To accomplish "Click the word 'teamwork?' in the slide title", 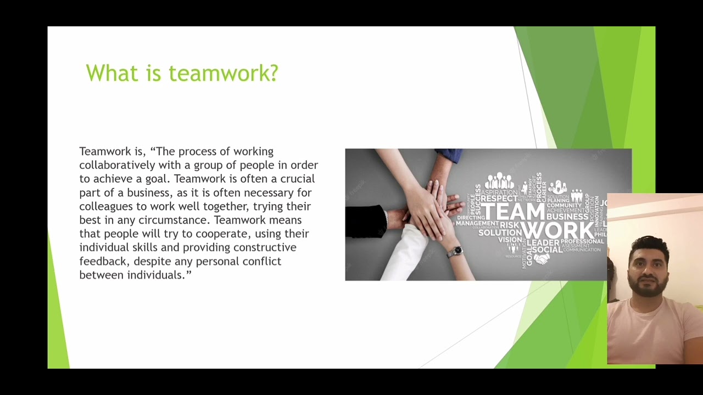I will click(223, 73).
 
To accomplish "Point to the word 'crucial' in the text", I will click(297, 178).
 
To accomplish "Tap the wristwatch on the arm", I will click(454, 252).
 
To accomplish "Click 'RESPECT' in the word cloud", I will click(499, 199).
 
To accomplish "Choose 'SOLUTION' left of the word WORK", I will click(499, 233).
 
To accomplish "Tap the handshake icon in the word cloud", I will click(542, 258).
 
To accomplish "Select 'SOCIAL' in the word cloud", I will click(547, 250).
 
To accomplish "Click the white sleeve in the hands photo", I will click(407, 253).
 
